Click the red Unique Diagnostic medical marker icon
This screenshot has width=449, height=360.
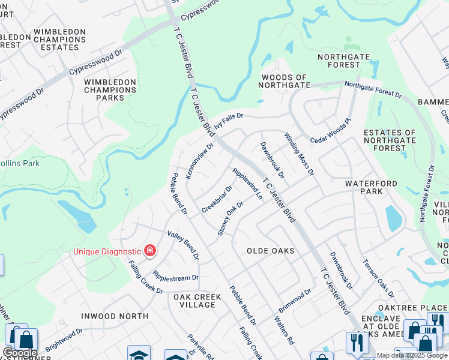149,250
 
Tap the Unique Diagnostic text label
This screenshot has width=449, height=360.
107,251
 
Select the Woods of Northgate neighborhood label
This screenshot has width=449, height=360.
283,82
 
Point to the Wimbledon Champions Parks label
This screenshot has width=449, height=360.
110,89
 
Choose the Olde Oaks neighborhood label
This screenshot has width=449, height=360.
271,250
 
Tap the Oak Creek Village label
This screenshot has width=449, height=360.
194,301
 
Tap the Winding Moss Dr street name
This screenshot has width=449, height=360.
299,154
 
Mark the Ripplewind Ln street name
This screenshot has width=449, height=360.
247,184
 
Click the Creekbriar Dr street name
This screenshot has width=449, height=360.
217,199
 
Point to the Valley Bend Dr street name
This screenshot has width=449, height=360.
183,245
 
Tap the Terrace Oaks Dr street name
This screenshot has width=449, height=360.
378,278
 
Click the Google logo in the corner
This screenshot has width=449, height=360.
19,353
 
